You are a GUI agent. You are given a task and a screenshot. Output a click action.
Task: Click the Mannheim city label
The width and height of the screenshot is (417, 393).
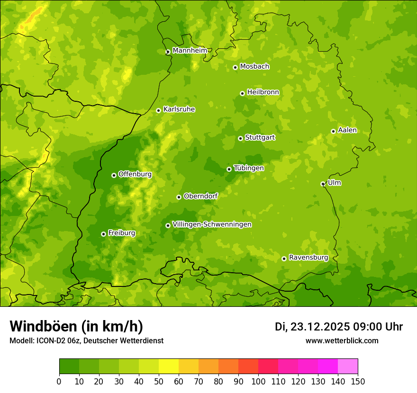coord(190,51)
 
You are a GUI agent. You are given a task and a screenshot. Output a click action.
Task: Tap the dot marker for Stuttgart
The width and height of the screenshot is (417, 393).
coord(240,138)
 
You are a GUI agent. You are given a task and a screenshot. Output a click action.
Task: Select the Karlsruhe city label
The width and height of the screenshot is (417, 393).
coord(179,109)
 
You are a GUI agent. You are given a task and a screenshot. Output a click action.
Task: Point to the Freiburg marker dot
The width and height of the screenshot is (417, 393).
coord(103,234)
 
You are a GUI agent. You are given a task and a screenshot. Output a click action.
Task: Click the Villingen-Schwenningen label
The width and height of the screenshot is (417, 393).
coord(212,224)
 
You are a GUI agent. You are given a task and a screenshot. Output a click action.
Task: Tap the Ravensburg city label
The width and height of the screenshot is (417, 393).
coord(308,258)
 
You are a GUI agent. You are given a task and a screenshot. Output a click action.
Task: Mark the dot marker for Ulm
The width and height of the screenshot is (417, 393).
coord(323,184)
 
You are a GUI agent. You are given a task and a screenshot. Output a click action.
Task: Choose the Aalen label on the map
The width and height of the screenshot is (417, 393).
coord(347,130)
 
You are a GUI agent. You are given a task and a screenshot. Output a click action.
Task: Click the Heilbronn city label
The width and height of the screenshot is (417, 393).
coord(263,92)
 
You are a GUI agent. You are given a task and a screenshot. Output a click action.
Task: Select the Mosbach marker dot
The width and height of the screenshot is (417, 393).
coord(235,67)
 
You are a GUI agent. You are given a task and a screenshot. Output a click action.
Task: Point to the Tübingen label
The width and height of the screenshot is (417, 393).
coord(249,168)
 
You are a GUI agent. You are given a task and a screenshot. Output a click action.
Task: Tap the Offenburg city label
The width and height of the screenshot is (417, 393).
coord(135,174)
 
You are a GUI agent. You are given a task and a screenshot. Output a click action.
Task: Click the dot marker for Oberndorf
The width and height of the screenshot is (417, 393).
coord(179,197)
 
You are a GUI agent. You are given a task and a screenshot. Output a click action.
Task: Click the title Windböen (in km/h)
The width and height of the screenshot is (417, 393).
coord(76,326)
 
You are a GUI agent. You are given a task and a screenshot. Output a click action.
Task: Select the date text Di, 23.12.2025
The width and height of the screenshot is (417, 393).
coord(312,327)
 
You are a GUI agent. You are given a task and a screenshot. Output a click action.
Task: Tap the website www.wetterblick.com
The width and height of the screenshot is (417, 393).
coord(342,341)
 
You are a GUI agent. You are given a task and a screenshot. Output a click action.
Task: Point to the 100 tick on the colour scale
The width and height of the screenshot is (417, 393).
coord(258,381)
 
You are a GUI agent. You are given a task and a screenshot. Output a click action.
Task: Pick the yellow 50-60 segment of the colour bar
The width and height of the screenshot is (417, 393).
coord(169,366)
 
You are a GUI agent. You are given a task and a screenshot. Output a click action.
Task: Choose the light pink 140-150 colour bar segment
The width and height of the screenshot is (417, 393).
coord(348,366)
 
